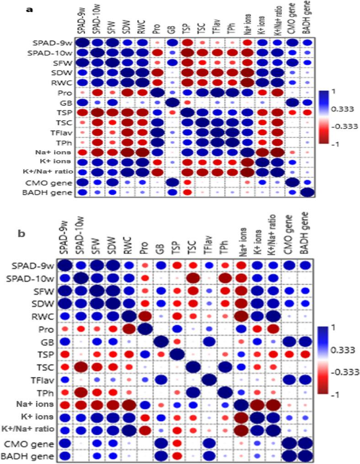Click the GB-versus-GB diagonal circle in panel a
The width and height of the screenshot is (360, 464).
[172, 102]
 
